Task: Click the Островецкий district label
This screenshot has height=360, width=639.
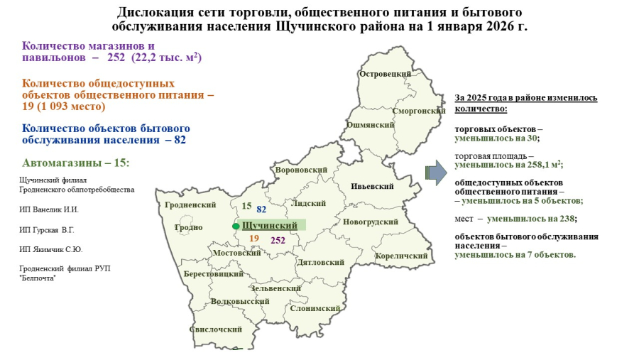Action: [x=386, y=75]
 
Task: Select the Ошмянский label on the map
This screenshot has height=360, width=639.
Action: [x=370, y=124]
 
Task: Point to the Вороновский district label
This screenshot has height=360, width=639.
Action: [x=301, y=170]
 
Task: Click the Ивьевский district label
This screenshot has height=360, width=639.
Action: [x=372, y=187]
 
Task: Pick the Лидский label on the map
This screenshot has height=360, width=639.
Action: [x=309, y=203]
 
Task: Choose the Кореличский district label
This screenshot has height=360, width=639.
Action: [x=402, y=256]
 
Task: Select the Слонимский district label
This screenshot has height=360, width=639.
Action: [x=315, y=309]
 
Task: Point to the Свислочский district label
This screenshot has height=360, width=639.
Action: [x=216, y=329]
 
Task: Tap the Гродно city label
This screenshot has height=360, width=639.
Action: [x=188, y=228]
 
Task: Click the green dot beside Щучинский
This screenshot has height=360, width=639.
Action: [x=236, y=226]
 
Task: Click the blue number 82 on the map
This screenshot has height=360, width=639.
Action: [x=261, y=209]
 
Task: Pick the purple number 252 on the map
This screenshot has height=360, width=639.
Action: [x=278, y=241]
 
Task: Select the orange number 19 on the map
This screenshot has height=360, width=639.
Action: [x=254, y=239]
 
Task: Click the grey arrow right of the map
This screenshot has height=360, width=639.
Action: [x=435, y=171]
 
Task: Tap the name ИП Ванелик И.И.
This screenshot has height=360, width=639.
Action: [x=49, y=209]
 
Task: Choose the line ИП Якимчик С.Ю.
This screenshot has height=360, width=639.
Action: [x=51, y=249]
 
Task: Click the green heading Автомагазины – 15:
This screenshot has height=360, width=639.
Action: [x=76, y=163]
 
